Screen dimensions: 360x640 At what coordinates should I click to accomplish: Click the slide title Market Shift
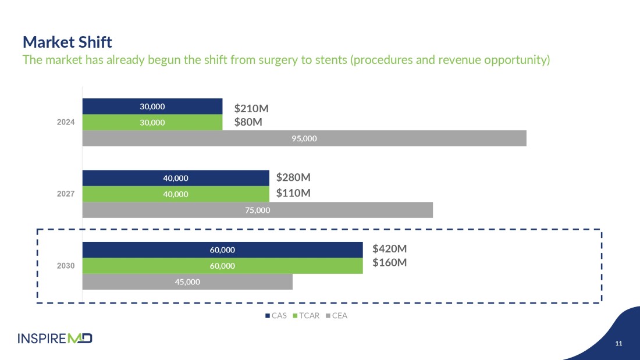(67, 42)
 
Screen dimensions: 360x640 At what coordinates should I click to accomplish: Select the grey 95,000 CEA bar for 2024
(304, 138)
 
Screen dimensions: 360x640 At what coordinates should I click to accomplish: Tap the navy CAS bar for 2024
(152, 106)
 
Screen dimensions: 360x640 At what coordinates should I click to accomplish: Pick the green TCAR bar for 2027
(176, 194)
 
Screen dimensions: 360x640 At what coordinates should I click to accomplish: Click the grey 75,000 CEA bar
(258, 210)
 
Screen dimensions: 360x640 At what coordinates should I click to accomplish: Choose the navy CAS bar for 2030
(222, 250)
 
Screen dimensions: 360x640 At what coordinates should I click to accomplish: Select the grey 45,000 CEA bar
(187, 281)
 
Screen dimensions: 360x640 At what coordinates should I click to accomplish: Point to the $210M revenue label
(251, 109)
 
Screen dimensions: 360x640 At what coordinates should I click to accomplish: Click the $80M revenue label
(248, 122)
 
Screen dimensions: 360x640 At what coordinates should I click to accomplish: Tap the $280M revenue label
(293, 177)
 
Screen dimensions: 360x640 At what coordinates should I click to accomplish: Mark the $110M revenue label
(293, 193)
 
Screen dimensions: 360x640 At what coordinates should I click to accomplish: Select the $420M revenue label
(389, 249)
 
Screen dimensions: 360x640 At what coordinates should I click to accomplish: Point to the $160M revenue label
(389, 263)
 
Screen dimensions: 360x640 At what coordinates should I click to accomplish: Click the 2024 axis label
(66, 123)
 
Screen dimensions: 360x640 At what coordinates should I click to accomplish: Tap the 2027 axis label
(66, 194)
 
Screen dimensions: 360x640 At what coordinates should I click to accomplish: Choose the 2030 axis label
(66, 266)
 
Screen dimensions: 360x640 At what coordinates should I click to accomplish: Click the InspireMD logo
(55, 338)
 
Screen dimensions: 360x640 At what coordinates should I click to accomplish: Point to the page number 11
(618, 344)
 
